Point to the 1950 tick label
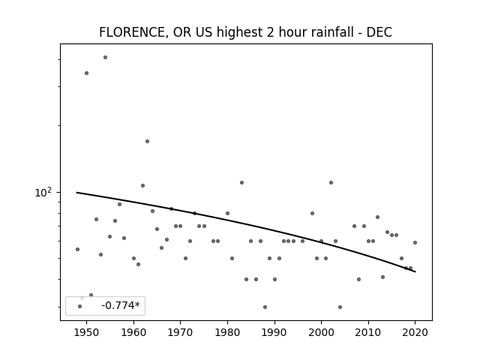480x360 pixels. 87,332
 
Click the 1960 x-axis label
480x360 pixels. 133,332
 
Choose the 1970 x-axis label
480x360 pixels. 181,332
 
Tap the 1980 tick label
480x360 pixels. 227,332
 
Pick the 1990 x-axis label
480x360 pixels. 274,332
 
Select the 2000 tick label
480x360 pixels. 322,332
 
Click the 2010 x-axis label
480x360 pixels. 368,332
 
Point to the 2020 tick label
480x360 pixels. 415,332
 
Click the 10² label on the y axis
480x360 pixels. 43,192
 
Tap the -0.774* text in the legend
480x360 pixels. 121,305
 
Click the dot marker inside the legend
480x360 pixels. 80,306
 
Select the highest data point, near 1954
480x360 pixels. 105,57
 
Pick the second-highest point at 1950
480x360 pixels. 87,73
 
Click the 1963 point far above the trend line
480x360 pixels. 147,142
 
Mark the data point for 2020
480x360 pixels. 415,242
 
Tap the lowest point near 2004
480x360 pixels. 340,307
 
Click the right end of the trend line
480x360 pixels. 415,271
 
